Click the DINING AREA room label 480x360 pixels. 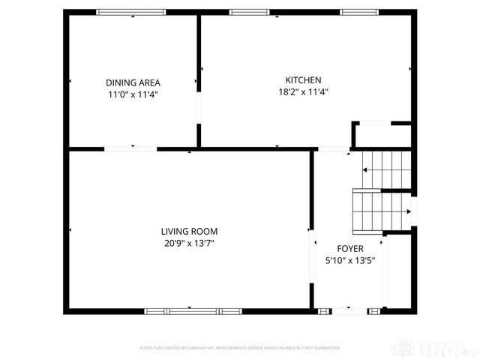[133, 82]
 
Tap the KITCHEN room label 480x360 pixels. [303, 80]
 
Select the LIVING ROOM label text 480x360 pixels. [189, 231]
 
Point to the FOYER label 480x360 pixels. [349, 249]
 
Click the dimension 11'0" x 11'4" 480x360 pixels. [133, 94]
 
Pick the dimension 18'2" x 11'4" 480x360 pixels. [303, 92]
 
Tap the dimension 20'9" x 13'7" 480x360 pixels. [189, 243]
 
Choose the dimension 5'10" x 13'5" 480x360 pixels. [349, 261]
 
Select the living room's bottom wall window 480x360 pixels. [189, 310]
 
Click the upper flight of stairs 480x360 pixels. [387, 169]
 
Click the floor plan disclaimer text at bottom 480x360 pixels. [240, 348]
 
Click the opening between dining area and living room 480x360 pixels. [130, 149]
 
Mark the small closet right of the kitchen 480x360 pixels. [382, 136]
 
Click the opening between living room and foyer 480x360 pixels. [311, 256]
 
